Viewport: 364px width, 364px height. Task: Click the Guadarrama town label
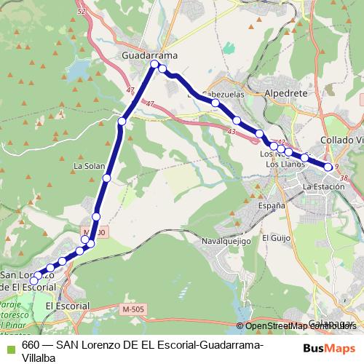tap(150, 55)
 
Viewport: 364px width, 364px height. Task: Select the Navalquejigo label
tap(226, 241)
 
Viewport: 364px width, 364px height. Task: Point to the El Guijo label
tap(276, 238)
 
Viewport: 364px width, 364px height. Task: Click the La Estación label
tap(323, 187)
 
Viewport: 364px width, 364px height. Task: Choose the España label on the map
tap(272, 206)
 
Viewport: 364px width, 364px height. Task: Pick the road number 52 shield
tap(80, 12)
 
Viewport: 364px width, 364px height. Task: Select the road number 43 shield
tap(231, 131)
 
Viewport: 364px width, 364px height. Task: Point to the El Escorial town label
tap(67, 306)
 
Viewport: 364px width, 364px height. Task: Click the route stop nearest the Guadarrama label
tap(154, 65)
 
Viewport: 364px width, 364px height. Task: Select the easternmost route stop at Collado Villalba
tap(329, 167)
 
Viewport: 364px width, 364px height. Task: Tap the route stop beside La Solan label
tap(107, 178)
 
